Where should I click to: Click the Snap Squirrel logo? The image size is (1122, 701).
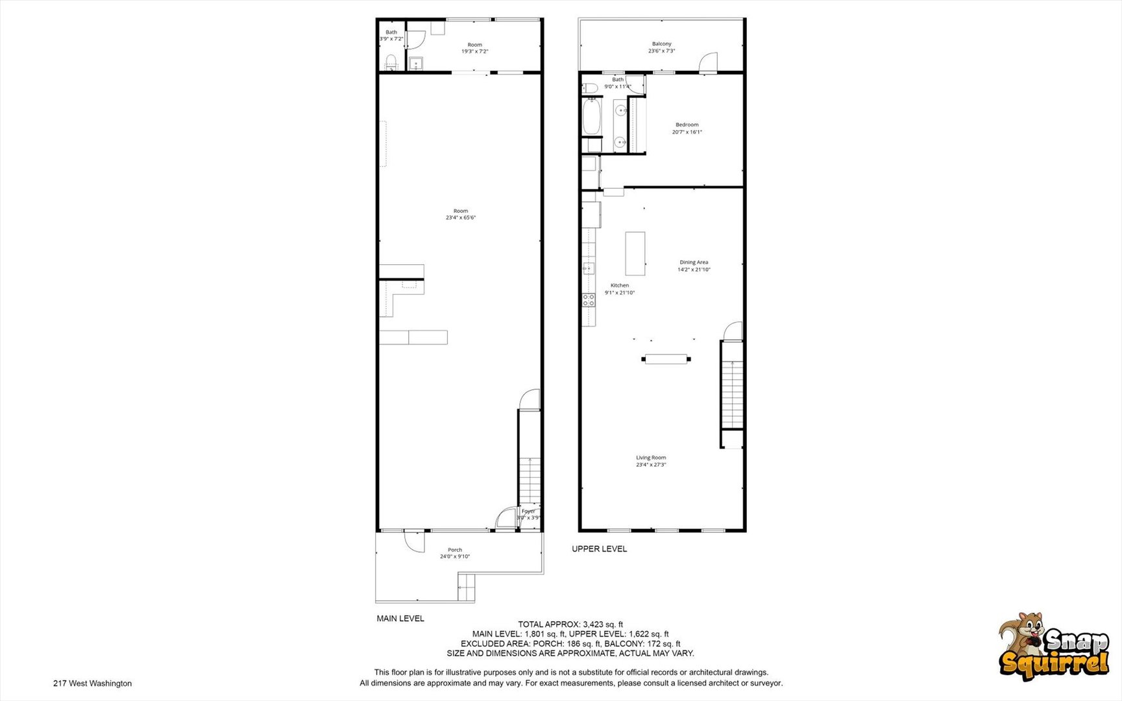(1053, 646)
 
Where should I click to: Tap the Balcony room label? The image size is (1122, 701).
(662, 44)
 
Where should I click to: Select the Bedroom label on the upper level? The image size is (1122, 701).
(687, 125)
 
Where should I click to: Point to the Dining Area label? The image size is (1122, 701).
(694, 262)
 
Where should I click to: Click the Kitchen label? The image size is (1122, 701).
(620, 286)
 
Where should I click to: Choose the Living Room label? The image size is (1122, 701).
(651, 458)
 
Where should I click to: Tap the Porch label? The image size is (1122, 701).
(455, 550)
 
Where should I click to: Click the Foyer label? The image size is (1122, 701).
(529, 511)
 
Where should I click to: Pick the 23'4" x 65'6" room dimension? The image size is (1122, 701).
(461, 218)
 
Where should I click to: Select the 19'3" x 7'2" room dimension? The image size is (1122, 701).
(475, 51)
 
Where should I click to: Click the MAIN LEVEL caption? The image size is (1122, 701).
(400, 619)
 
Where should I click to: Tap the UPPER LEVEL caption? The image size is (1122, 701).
(600, 548)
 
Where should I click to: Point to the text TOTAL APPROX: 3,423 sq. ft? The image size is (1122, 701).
(570, 624)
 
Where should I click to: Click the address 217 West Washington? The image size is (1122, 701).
(92, 683)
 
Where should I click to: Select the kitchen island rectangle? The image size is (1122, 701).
(635, 254)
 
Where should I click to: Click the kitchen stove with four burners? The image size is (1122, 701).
(589, 300)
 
